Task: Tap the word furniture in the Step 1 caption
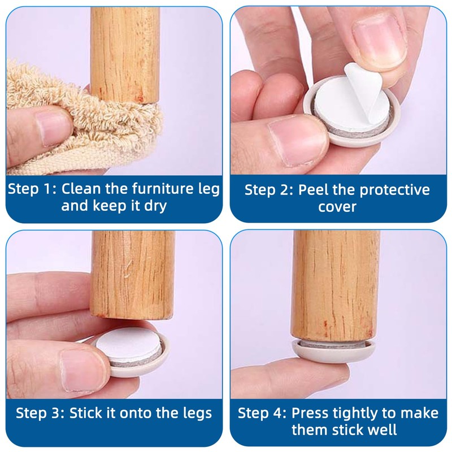pos(163,189)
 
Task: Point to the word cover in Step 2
pos(337,207)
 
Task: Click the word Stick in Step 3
pos(86,413)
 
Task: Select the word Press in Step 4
pos(310,414)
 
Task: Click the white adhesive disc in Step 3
pos(128,345)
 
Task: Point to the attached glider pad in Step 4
pos(334,350)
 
